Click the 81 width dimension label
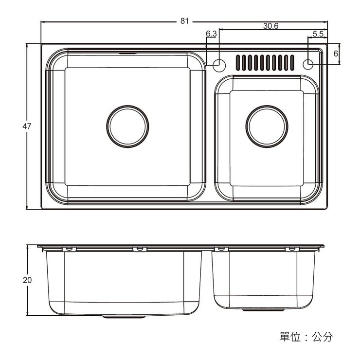tap(184, 21)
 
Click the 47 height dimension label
tap(27, 126)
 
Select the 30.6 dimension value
tap(270, 26)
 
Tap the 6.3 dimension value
tap(211, 34)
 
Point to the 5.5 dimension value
tap(318, 34)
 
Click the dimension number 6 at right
tap(336, 54)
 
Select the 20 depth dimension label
tap(27, 280)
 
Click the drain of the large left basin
tap(126, 126)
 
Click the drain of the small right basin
tap(267, 126)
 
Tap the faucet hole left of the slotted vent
tap(219, 64)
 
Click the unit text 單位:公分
tap(306, 337)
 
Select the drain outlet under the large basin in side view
tap(124, 317)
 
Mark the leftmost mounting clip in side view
tap(69, 249)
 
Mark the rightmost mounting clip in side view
tap(291, 249)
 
